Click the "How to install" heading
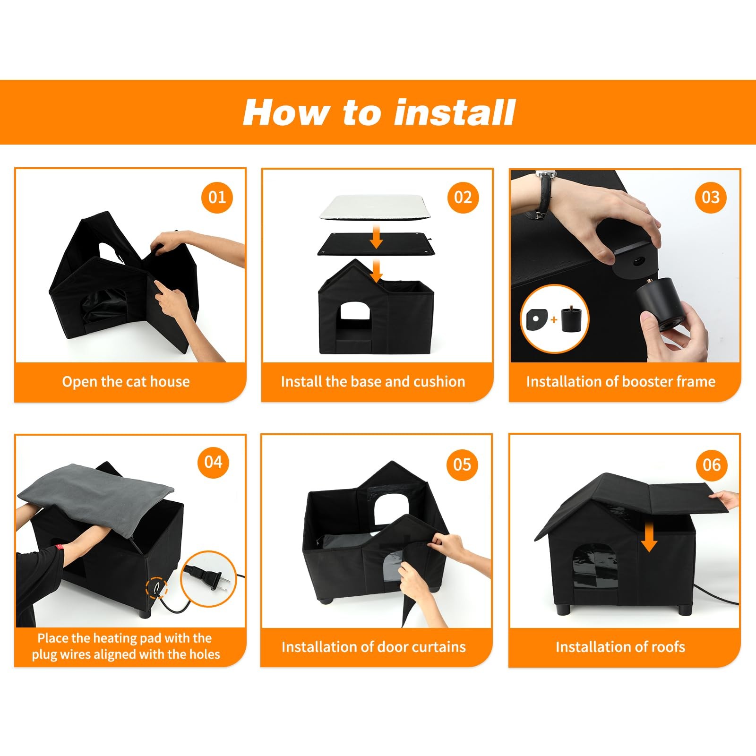(x=378, y=112)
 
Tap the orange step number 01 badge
(x=217, y=197)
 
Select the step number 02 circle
(x=463, y=197)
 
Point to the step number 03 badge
(x=711, y=197)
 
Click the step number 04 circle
(x=213, y=462)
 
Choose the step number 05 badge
(x=462, y=465)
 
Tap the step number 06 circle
(x=712, y=465)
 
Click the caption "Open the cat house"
(x=126, y=381)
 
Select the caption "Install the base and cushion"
(x=373, y=381)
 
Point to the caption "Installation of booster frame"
(x=621, y=381)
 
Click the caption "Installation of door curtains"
(x=373, y=646)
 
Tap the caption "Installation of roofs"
(x=620, y=646)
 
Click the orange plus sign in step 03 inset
(x=554, y=320)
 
